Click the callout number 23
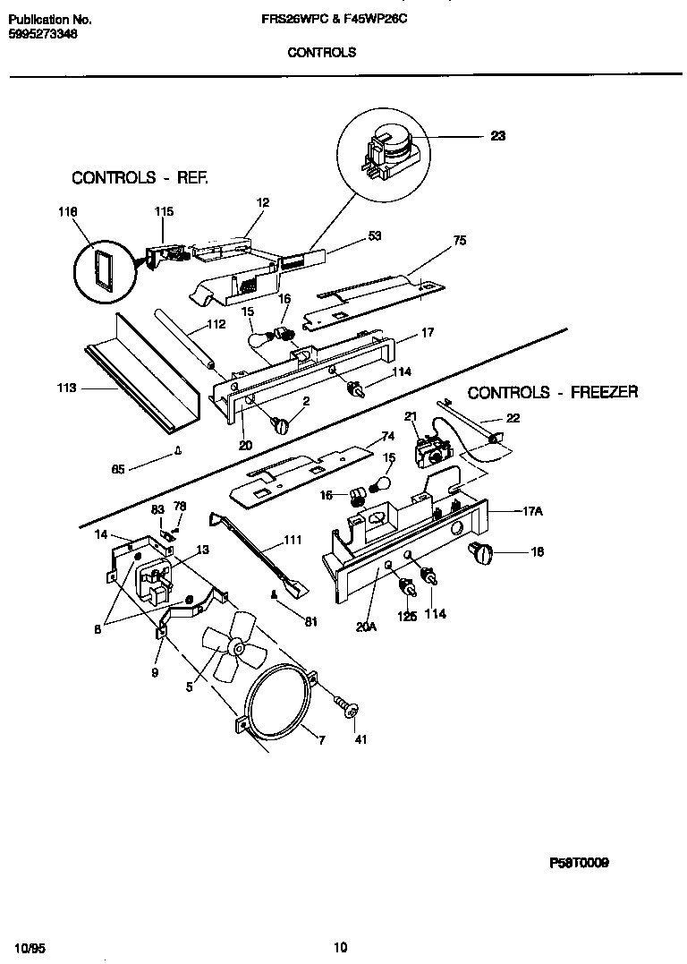[x=498, y=136]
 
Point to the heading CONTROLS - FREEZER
[x=553, y=392]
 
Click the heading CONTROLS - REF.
[x=140, y=178]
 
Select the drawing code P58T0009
[x=579, y=864]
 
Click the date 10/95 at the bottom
[x=30, y=947]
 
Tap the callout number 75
[x=459, y=241]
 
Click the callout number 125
[x=407, y=616]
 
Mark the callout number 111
[x=292, y=540]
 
